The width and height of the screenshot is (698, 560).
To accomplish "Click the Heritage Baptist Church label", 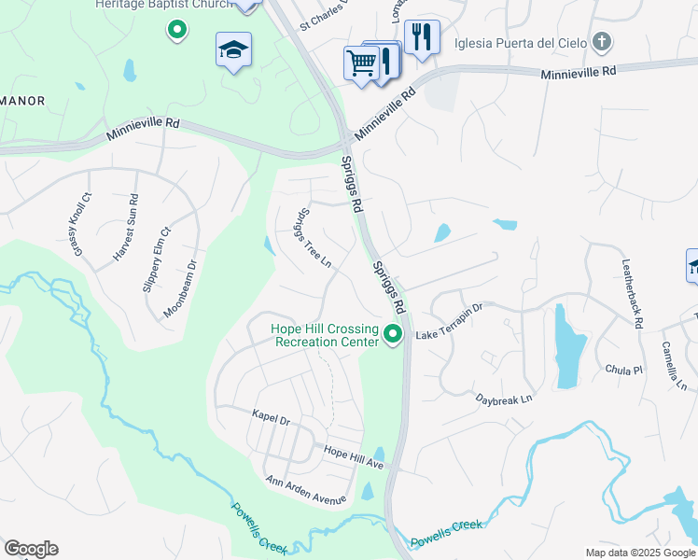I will tap(163, 5).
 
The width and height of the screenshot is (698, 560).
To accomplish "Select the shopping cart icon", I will tap(359, 64).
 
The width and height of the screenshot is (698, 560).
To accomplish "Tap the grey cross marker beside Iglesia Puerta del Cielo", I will tap(602, 41).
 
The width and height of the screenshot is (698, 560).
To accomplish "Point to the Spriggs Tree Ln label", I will tap(314, 237).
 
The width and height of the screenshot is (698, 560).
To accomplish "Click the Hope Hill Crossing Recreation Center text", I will tap(325, 335).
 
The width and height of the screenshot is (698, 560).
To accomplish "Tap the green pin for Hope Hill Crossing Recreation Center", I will tap(394, 333).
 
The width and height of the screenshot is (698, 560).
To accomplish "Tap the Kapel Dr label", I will tap(272, 416).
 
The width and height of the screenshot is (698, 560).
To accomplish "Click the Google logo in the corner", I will tap(31, 549).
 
